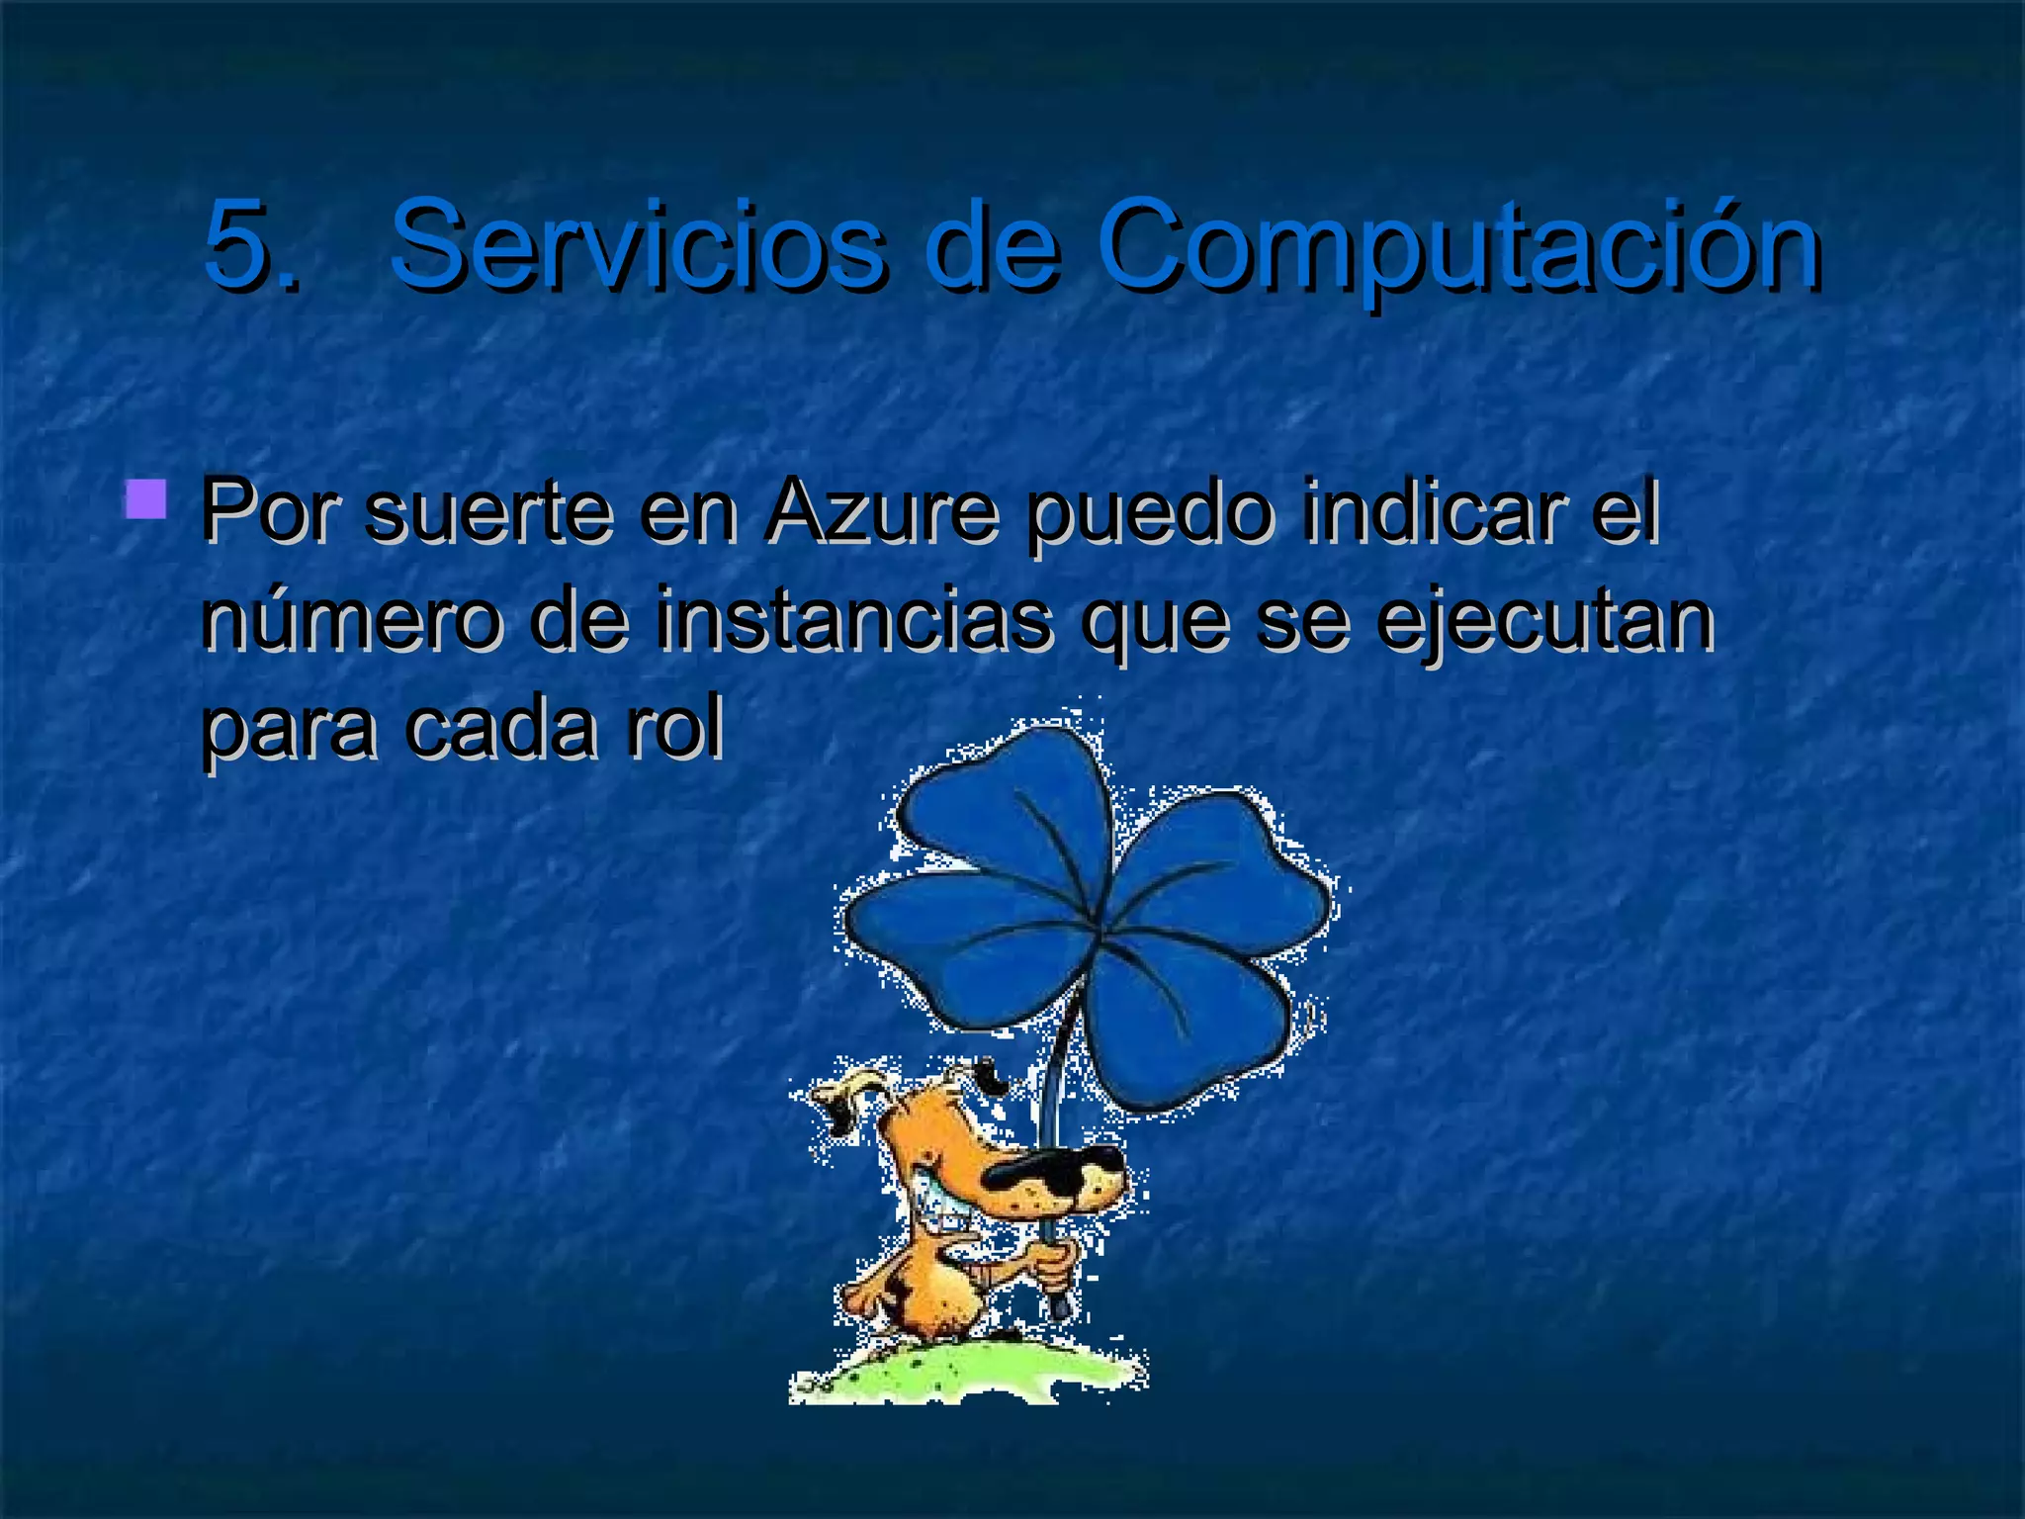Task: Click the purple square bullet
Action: (146, 499)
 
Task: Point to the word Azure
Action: (881, 513)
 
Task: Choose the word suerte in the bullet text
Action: (489, 513)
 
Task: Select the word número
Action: (351, 621)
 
